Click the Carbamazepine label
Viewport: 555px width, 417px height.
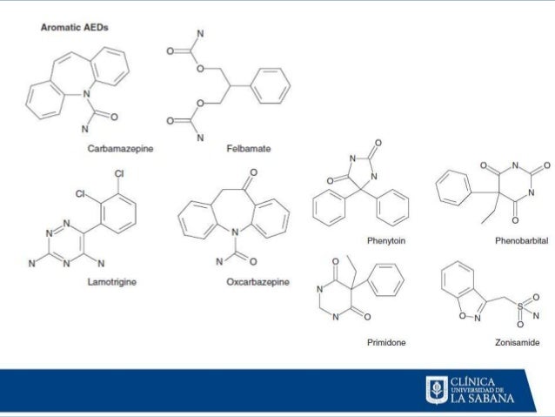pos(120,150)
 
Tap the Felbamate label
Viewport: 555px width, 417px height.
pos(248,150)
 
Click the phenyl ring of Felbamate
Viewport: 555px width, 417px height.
pos(273,87)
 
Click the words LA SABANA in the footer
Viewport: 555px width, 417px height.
pos(483,399)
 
